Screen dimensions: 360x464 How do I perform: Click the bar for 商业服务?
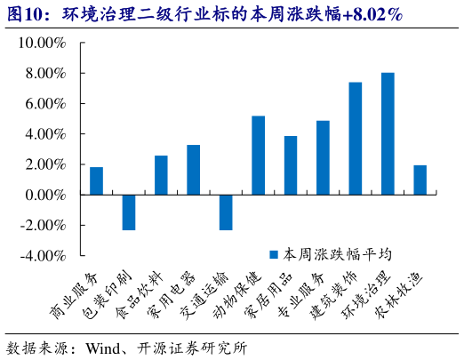[x=96, y=180]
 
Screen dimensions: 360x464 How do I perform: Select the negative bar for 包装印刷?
[x=129, y=212]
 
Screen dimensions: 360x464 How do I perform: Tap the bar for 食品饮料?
[x=161, y=175]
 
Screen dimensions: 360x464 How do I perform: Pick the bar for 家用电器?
[x=193, y=170]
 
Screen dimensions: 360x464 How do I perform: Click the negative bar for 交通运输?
[x=226, y=212]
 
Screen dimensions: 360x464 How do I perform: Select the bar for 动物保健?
[x=258, y=156]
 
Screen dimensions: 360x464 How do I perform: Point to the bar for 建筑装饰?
[x=355, y=138]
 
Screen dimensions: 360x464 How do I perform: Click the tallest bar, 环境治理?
[x=388, y=133]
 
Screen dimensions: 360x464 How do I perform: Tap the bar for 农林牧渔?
[x=420, y=180]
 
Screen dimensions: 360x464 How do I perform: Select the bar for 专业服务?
[x=323, y=157]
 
